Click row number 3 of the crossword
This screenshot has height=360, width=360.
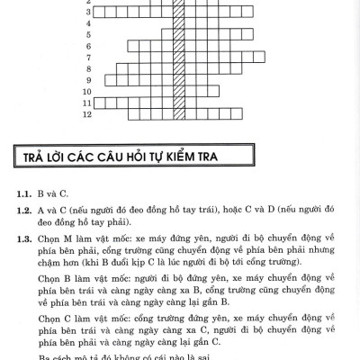point(88,13)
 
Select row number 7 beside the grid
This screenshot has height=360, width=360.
point(88,68)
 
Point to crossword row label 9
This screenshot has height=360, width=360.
point(88,91)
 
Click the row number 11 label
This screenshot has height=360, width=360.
point(87,103)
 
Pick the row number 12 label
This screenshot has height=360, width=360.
point(87,115)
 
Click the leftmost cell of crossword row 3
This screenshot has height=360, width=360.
point(100,13)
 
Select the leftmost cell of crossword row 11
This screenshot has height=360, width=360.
point(100,103)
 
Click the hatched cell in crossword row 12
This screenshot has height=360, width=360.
point(180,115)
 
